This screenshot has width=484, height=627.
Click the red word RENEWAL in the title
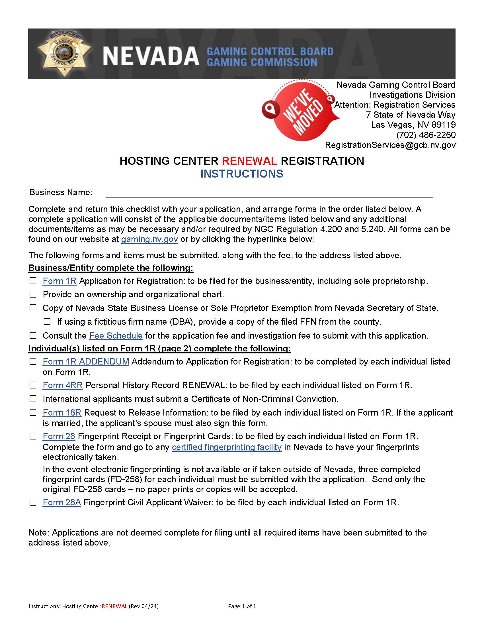coord(249,161)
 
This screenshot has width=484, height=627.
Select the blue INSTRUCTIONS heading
coord(242,174)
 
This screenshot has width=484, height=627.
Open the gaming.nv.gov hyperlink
coord(149,239)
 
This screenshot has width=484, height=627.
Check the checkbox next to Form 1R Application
coord(33,281)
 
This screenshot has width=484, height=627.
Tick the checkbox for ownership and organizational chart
coord(33,294)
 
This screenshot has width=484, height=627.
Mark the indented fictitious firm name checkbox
coord(47,321)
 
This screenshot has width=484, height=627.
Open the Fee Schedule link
coord(116,336)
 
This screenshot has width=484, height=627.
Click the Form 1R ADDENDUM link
coord(86,361)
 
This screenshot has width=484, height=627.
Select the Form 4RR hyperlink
coord(63,385)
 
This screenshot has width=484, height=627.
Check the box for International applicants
coord(33,399)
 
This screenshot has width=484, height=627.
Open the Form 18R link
coord(62,413)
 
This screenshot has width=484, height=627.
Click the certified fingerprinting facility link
coord(227,447)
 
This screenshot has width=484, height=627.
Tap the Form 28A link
coord(62,502)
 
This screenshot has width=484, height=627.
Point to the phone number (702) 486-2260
coord(426,135)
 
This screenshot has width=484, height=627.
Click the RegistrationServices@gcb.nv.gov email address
coord(390,145)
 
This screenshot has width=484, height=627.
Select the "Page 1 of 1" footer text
coord(242,606)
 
